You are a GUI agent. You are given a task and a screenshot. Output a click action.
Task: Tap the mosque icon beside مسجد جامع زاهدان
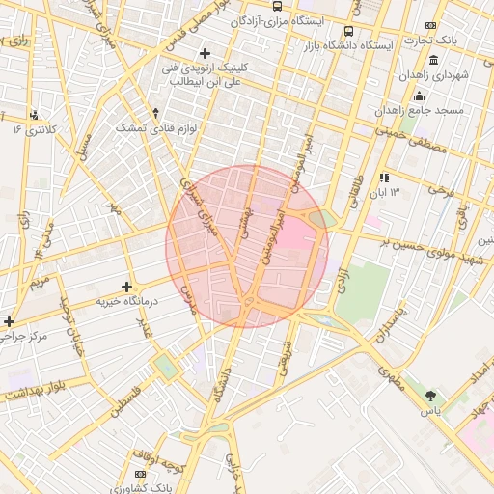[x=419, y=96]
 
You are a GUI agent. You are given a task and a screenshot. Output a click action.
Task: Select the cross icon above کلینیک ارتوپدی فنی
[x=204, y=53]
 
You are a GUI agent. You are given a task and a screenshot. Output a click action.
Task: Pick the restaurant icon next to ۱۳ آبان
[x=384, y=178]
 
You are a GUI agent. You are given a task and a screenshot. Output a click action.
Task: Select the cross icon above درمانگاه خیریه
[x=126, y=287]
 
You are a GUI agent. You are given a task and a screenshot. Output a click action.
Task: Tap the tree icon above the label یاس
[x=430, y=396]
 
